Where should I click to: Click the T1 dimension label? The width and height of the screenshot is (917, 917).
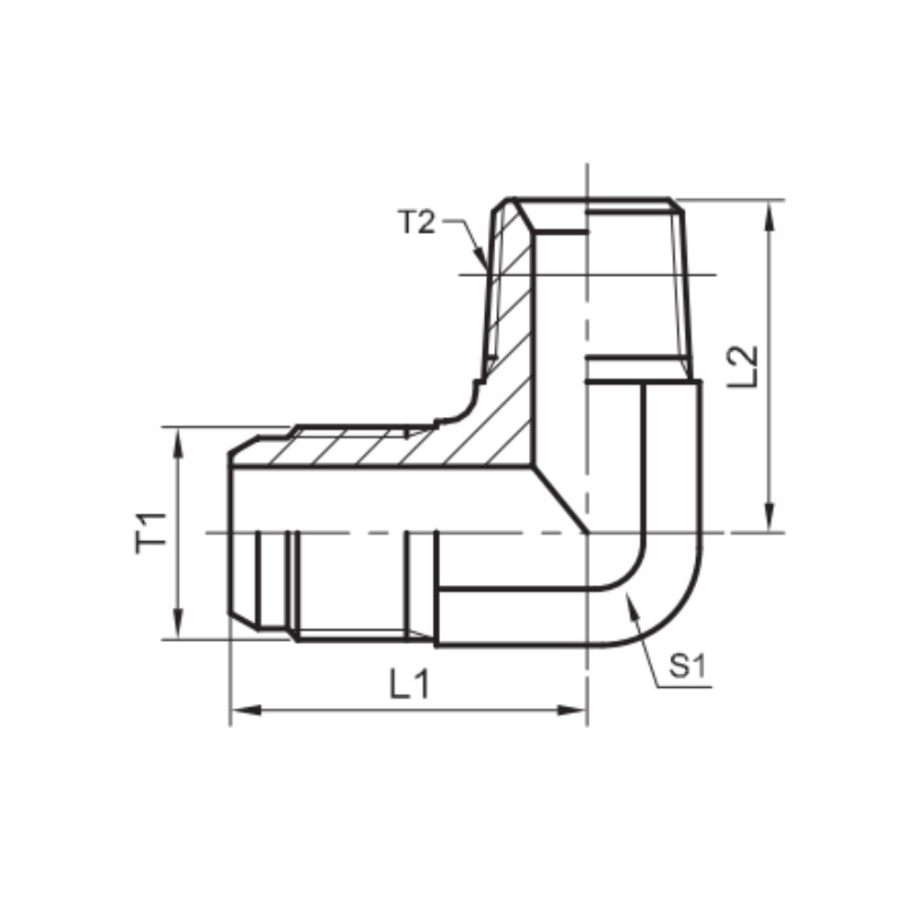(x=151, y=533)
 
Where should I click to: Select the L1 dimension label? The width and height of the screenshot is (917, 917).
(x=408, y=684)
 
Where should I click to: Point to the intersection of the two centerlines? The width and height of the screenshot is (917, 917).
(x=587, y=533)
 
